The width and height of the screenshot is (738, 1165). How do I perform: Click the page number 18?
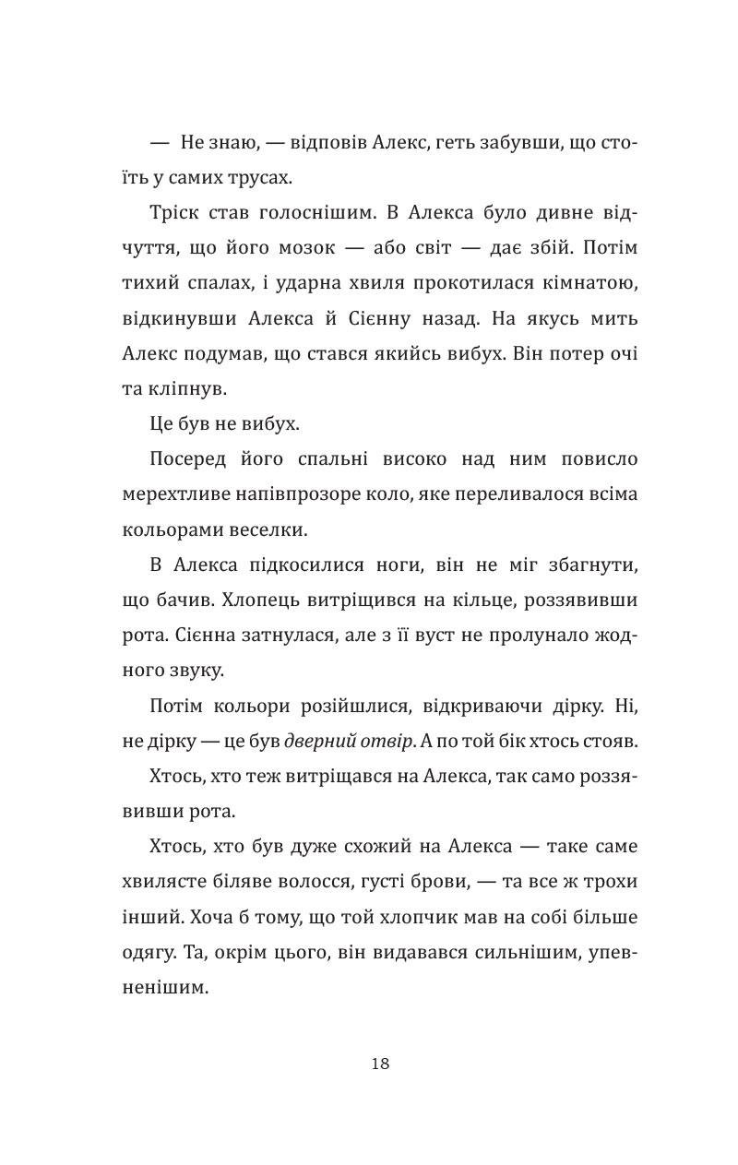[x=380, y=1064]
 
